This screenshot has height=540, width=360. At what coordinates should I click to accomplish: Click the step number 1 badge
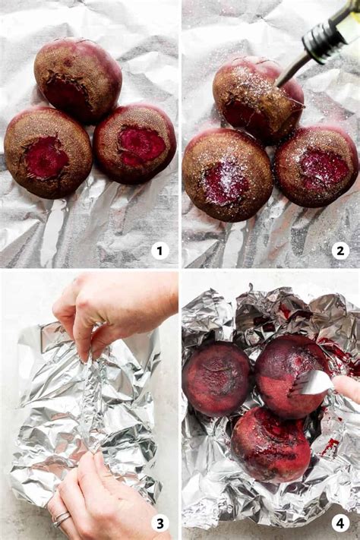pos(159,250)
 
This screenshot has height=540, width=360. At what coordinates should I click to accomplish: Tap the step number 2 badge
pos(340,250)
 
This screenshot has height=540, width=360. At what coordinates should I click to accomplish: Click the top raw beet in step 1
pos(77,79)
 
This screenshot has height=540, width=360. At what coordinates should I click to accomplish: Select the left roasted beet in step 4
pos(216,377)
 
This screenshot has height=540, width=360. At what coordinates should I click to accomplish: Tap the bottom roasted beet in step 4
pos(270,445)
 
